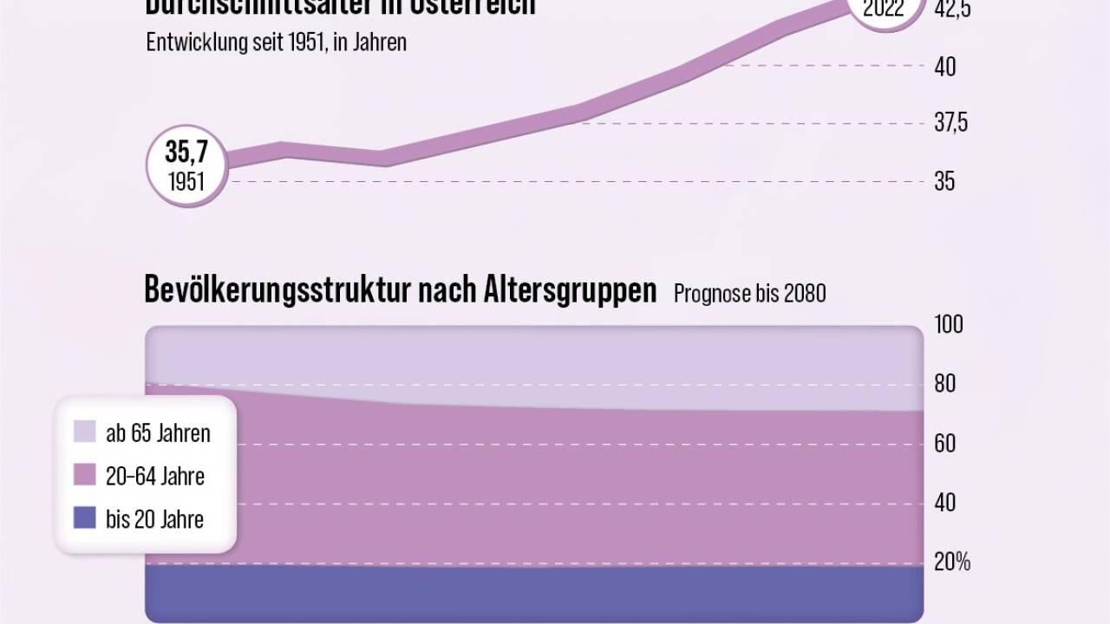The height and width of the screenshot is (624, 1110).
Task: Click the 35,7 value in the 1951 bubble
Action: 186,153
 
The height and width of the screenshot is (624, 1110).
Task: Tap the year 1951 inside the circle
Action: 186,182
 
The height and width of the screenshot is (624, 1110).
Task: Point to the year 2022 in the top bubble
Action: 884,10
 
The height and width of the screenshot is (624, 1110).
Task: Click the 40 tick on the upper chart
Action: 945,67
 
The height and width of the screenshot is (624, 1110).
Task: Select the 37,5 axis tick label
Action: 950,123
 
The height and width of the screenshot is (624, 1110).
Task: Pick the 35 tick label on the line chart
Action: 944,182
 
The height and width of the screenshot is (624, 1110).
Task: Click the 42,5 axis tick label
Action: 950,10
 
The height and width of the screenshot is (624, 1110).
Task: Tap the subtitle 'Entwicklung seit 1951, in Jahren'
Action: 276,42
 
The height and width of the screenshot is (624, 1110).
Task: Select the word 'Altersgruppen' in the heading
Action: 569,291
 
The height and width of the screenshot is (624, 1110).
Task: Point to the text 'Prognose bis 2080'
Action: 749,294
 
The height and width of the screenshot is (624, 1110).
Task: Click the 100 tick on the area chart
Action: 949,324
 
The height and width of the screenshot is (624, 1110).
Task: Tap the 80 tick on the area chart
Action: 944,384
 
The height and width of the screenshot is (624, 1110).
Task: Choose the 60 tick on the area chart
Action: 944,444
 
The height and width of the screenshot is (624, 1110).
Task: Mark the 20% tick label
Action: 951,562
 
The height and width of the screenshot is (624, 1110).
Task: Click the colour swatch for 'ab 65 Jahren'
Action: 85,432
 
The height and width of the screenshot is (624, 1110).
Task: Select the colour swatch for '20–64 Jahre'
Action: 85,475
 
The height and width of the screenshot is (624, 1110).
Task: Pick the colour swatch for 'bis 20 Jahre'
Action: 85,518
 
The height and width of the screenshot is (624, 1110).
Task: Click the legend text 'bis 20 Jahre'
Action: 155,519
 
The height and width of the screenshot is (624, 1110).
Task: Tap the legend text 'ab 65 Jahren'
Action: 158,432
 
